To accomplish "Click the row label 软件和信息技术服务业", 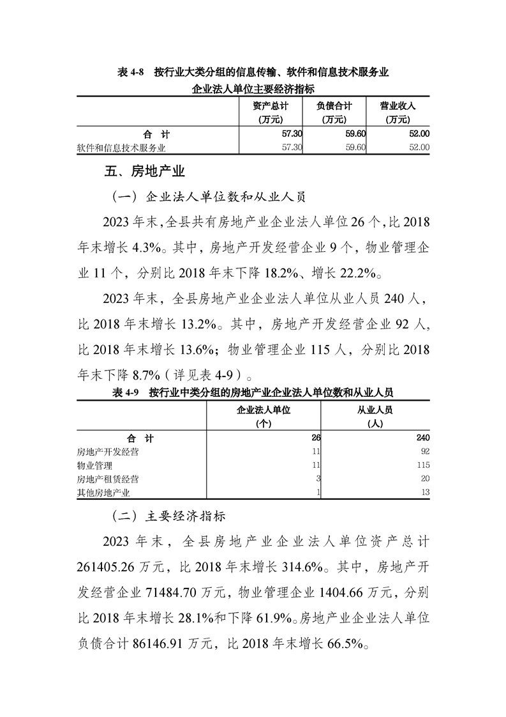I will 121,148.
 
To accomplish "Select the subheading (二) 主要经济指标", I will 168,514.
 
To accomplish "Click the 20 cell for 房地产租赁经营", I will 424,479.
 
